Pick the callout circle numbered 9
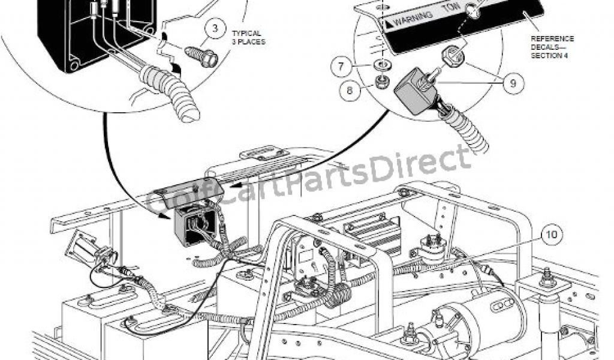[x=513, y=83]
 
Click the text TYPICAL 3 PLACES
[x=247, y=38]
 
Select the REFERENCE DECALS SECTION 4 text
[x=552, y=47]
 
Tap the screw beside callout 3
[x=201, y=55]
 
